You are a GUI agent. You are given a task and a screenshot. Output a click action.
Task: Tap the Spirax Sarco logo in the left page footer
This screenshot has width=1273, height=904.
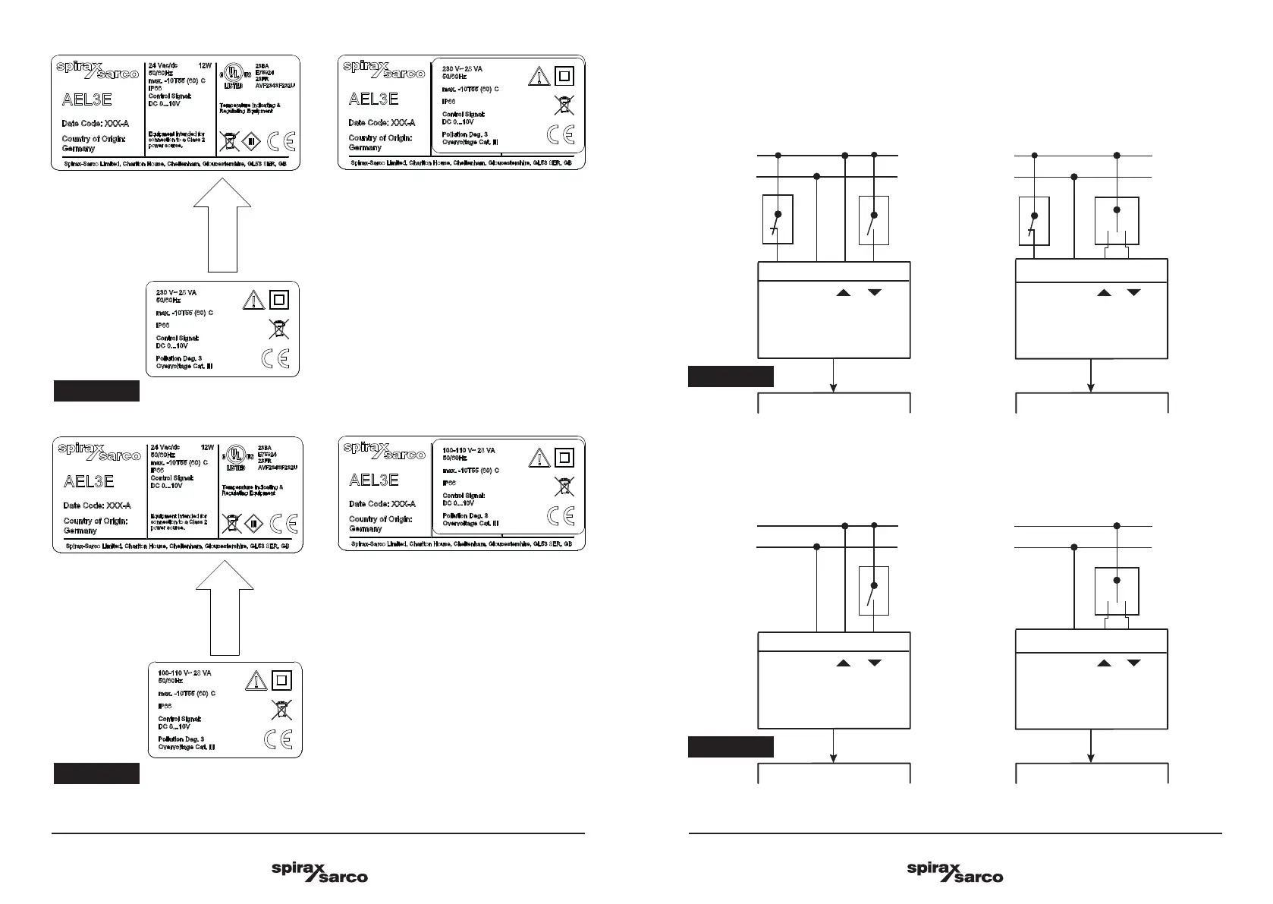pos(319,872)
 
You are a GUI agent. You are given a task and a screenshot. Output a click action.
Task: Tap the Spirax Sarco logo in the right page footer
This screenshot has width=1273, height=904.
pos(954,872)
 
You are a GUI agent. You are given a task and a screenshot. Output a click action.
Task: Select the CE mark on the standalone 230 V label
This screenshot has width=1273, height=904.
pos(275,358)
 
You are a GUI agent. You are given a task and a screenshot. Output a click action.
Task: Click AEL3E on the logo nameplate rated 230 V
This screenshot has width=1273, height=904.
pos(373,99)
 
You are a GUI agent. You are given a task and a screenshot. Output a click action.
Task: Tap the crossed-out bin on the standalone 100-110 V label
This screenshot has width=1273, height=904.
pos(281,710)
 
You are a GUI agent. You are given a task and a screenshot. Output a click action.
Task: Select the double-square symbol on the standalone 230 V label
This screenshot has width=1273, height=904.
pos(279,300)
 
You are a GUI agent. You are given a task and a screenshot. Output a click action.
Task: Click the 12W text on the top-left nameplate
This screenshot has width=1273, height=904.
pos(205,66)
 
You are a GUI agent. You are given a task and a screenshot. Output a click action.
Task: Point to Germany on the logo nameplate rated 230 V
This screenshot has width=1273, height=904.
pos(365,148)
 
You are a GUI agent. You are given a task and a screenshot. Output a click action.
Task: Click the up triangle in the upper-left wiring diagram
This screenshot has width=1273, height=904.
pos(844,292)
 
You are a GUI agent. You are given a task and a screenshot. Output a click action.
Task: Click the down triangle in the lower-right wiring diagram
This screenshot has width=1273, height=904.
pos(1133,663)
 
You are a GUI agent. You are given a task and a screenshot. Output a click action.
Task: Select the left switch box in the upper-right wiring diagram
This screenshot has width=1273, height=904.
pos(1033,221)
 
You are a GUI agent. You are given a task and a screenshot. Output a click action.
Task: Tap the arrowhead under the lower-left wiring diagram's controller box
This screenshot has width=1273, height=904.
pos(835,757)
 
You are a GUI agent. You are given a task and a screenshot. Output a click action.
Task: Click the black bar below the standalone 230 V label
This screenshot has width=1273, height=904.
pos(96,391)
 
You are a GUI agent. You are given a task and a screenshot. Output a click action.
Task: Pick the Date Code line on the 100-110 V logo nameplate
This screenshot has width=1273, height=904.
pos(383,504)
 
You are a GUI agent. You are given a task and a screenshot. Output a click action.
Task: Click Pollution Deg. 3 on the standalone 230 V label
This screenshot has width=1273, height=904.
pos(179,358)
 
